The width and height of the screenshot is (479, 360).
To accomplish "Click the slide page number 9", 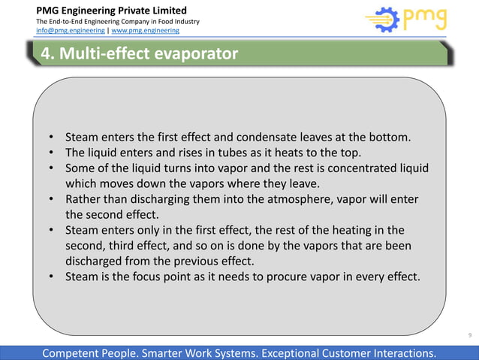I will [469, 334].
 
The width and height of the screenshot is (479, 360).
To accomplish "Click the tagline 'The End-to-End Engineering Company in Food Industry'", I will [118, 21].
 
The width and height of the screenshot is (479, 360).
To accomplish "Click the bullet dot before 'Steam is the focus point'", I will [52, 277].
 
